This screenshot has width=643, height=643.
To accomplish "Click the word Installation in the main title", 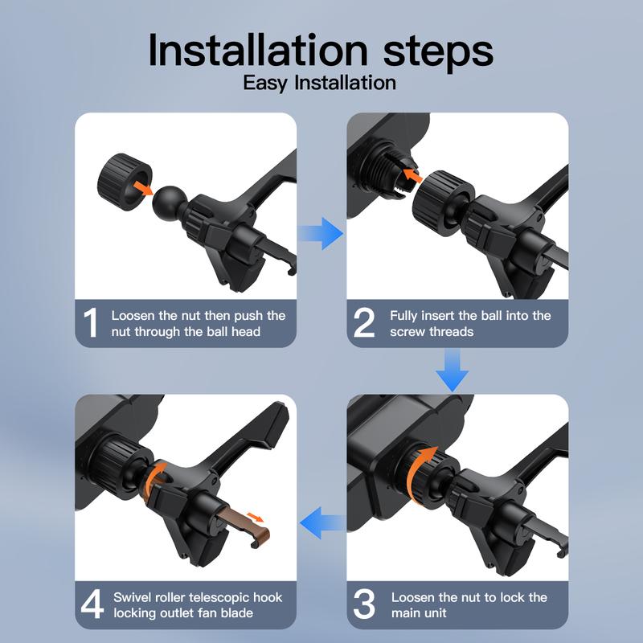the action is click(258, 50).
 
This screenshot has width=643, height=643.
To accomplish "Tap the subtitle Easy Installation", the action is click(319, 83).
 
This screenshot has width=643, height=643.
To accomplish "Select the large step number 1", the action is click(91, 323).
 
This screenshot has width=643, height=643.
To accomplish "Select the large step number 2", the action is click(364, 323).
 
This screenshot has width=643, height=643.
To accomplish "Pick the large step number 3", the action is click(364, 604).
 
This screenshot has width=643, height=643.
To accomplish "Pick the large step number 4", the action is click(92, 604).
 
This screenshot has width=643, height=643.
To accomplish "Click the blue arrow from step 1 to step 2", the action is click(321, 233).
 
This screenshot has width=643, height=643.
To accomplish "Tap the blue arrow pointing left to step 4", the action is click(322, 523).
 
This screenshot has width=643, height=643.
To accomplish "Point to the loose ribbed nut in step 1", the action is click(125, 182).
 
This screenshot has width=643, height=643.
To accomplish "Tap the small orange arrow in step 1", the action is click(144, 188).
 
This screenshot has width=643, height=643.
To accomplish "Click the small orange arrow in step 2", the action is click(412, 175).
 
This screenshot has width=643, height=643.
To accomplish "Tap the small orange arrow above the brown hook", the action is click(256, 517).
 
